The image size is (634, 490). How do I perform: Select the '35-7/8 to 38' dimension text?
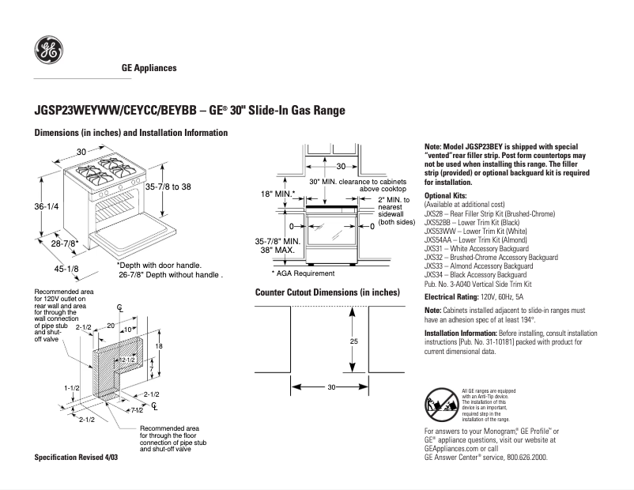pyautogui.click(x=168, y=187)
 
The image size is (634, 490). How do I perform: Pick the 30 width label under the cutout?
pyautogui.click(x=331, y=387)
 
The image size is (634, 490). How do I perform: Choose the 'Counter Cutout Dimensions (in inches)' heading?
pyautogui.click(x=327, y=292)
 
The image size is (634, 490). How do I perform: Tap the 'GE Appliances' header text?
pyautogui.click(x=149, y=69)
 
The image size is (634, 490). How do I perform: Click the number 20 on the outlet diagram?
pyautogui.click(x=111, y=325)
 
